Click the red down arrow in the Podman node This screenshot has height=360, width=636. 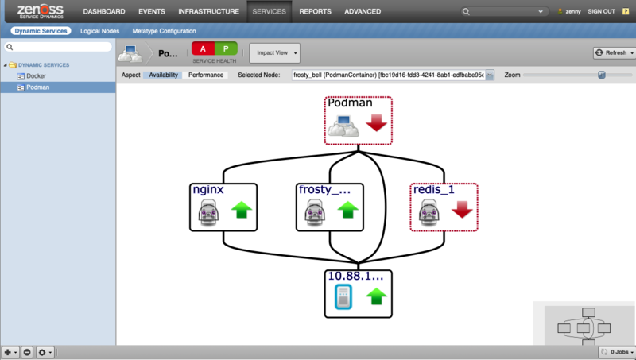click(x=376, y=122)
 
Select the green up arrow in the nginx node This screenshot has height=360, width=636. click(x=242, y=210)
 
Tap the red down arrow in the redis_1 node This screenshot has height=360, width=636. click(x=463, y=210)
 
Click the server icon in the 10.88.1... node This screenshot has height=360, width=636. click(x=343, y=296)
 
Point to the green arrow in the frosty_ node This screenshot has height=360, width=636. click(x=348, y=210)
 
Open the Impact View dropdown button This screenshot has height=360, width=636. click(x=274, y=53)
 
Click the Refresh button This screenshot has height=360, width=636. click(x=614, y=52)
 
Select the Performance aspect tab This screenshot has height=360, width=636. click(x=206, y=75)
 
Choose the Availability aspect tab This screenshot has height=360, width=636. click(x=163, y=75)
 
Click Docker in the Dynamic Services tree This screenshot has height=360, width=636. click(x=36, y=75)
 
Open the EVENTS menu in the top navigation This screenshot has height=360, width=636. click(x=152, y=11)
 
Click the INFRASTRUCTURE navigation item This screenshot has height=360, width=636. click(x=208, y=11)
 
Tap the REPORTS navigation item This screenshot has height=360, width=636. click(x=315, y=11)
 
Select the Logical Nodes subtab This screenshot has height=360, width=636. click(x=100, y=31)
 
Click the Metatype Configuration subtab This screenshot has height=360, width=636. click(x=164, y=31)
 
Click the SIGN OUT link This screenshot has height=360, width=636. click(x=602, y=11)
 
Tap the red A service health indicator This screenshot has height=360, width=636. click(x=203, y=49)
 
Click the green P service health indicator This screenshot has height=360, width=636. click(x=226, y=49)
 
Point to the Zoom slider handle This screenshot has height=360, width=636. click(x=602, y=75)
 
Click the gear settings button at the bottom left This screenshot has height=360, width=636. click(x=45, y=352)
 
